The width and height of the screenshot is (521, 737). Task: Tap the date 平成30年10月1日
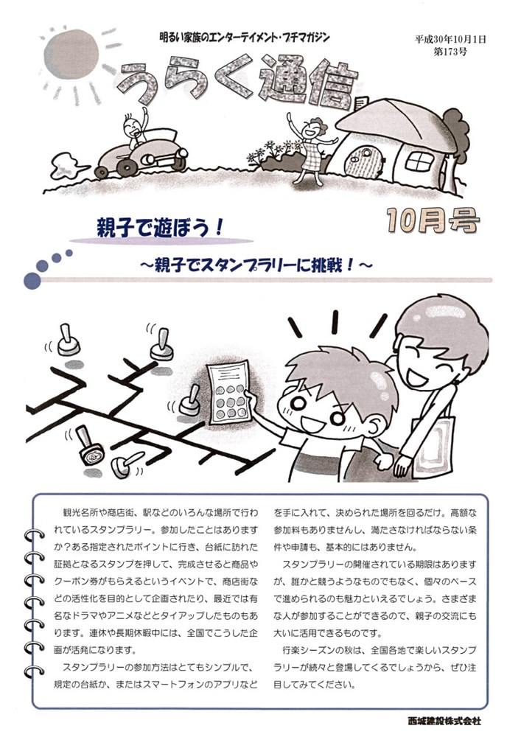[x=450, y=39]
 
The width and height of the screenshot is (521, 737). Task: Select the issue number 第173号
[x=450, y=52]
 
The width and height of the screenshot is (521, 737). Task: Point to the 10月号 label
[x=433, y=220]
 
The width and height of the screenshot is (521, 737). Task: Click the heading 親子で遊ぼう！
[x=159, y=228]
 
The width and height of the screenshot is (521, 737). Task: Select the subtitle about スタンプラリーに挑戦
[x=256, y=265]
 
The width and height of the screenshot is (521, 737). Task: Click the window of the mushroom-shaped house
[x=419, y=162]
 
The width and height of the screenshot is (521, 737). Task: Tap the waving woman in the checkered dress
[x=310, y=147]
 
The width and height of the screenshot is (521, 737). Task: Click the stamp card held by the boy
[x=228, y=392]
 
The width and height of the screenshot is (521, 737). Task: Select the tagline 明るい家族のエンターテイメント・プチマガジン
[x=245, y=37]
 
